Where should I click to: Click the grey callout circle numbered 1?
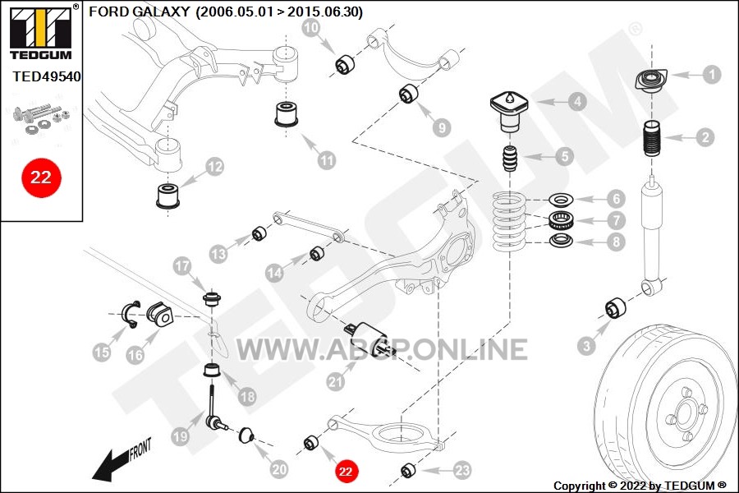click(x=712, y=74)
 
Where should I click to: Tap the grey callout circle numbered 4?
click(x=577, y=102)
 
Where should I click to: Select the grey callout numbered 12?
click(x=214, y=168)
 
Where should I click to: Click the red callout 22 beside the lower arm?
click(x=346, y=472)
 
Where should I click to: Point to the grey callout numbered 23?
click(x=462, y=471)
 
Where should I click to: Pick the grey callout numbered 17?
click(x=181, y=265)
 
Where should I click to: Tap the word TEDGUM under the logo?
click(x=40, y=55)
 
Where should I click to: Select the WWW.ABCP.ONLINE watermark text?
click(x=381, y=349)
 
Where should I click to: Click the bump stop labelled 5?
click(x=509, y=158)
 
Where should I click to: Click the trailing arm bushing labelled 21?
click(x=364, y=339)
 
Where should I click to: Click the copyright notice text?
click(x=640, y=486)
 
